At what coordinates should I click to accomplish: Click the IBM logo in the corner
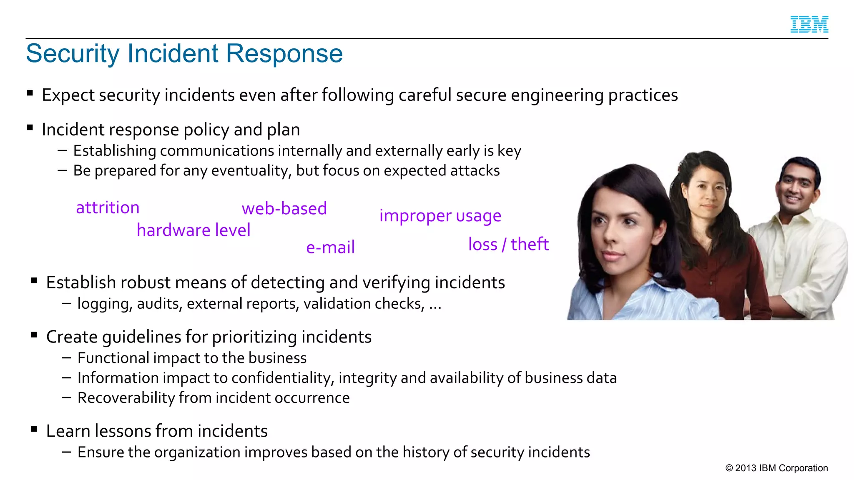coord(809,24)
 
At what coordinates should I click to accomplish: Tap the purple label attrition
coord(108,207)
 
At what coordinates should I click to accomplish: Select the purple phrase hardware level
coord(193,230)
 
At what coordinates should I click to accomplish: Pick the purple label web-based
coord(284,208)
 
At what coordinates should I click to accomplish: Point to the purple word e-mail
coord(330,247)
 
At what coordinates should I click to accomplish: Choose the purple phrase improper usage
coord(440,216)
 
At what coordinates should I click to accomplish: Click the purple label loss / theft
coord(508,244)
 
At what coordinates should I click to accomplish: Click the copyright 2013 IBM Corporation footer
coord(776,468)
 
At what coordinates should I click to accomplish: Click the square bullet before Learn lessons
coord(34,429)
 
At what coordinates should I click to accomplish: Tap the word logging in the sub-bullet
coord(105,304)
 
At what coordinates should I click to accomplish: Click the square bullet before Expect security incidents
coord(30,93)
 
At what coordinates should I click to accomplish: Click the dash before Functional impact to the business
coord(66,357)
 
